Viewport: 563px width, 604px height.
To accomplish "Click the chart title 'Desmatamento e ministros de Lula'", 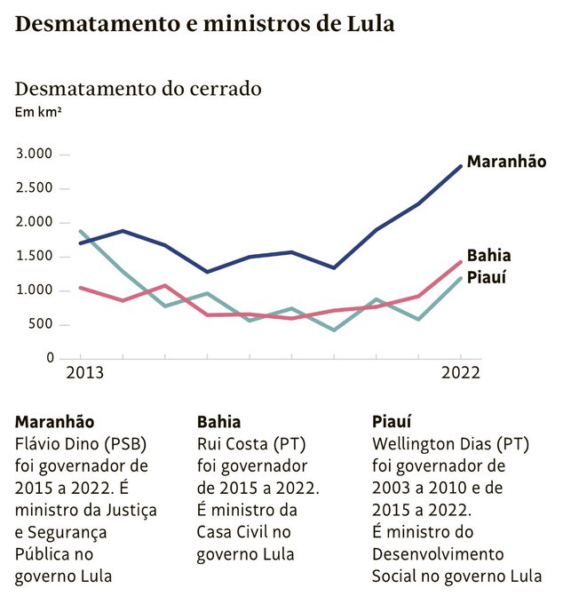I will [205, 24].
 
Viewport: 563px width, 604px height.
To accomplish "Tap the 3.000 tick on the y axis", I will [35, 155].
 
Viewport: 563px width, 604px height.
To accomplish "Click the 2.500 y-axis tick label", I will [35, 188].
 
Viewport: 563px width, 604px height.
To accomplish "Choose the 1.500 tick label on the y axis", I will [35, 257].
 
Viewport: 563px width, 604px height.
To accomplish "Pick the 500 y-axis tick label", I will [42, 324].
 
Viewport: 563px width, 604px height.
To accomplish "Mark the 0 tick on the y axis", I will [51, 358].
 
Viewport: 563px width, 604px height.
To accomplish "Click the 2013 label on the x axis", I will [85, 373].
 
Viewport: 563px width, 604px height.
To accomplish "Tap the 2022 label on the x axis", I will [461, 373].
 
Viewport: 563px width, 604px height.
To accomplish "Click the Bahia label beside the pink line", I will [489, 256].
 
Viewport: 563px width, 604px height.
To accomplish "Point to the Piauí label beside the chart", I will [488, 276].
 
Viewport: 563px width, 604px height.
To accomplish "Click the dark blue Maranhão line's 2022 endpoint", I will [461, 165].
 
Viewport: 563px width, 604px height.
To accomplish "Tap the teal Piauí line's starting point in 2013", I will [80, 231].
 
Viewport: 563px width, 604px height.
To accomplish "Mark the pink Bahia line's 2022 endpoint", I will [461, 261].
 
